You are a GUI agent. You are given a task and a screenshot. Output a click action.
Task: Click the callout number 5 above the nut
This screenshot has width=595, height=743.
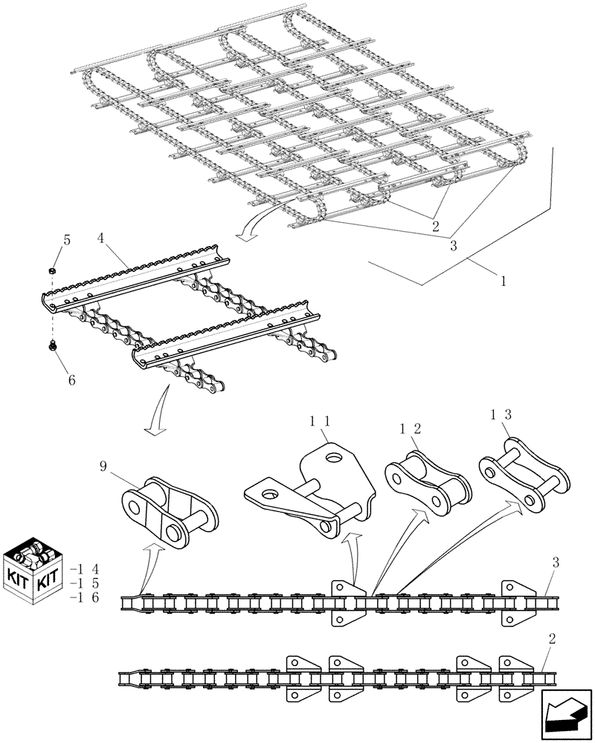coord(66,241)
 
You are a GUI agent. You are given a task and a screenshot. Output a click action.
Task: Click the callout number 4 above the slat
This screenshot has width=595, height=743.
coord(101,239)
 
